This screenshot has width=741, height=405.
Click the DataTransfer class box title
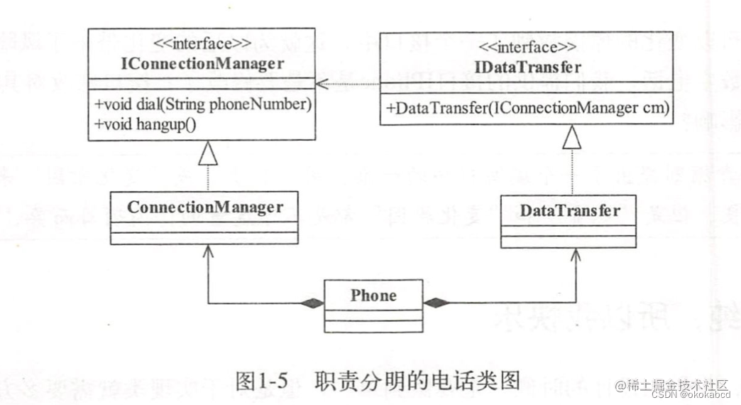click(x=569, y=211)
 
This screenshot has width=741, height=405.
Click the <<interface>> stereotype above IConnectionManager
click(x=203, y=44)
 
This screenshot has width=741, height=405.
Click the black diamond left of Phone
click(x=311, y=303)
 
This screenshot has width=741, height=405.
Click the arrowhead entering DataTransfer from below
click(x=576, y=254)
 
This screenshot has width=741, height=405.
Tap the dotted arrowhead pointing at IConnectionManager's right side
click(x=323, y=85)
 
